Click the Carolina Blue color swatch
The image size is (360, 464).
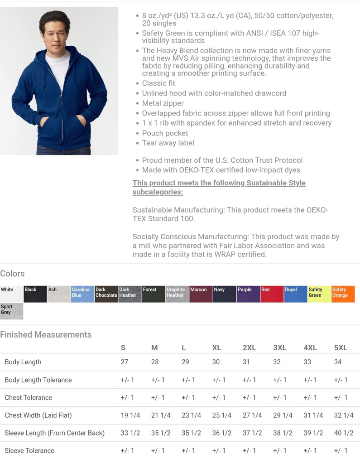[82, 294]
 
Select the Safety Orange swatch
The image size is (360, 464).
[343, 294]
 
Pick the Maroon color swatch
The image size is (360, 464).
[201, 294]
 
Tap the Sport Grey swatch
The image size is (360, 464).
[11, 311]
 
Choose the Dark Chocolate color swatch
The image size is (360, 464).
[106, 294]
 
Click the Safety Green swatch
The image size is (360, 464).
[319, 294]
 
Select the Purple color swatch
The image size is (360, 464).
[248, 294]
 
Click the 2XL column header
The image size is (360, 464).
[249, 348]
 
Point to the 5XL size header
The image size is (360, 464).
[341, 348]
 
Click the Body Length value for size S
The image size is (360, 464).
[124, 362]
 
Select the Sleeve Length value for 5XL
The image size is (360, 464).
[344, 433]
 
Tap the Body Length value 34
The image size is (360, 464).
[338, 362]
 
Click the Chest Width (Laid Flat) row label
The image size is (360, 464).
[38, 416]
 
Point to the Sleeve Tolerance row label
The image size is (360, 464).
[29, 451]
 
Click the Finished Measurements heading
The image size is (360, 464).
[46, 335]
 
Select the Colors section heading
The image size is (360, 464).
[13, 274]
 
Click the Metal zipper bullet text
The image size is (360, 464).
[163, 103]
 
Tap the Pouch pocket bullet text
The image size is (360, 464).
[165, 133]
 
